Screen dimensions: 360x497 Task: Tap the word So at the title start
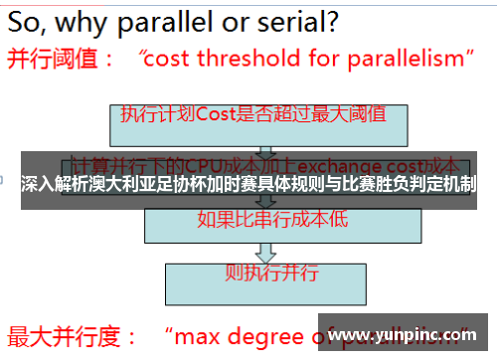pos(29,20)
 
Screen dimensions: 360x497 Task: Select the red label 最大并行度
pos(64,333)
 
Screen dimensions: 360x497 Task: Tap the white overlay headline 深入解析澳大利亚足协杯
pos(248,183)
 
